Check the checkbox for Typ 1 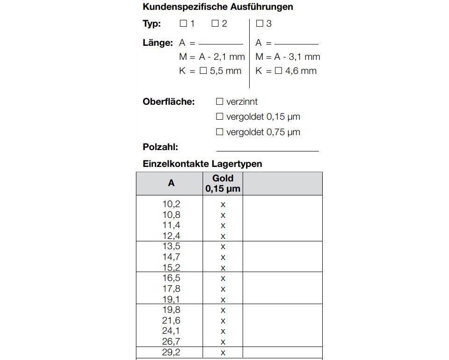tap(183, 23)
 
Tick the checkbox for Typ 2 tap(215, 23)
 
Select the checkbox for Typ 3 tap(260, 23)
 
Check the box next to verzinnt tap(220, 101)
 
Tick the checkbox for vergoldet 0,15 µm tap(220, 116)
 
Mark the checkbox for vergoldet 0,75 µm tap(220, 132)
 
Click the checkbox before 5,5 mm tap(203, 71)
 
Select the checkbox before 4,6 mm tap(278, 71)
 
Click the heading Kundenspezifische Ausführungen tap(217, 7)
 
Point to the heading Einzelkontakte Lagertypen tap(202, 164)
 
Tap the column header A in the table tap(171, 183)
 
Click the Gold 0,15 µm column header tap(223, 183)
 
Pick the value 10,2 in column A tap(171, 204)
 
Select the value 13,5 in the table tap(171, 246)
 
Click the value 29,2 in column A tap(171, 353)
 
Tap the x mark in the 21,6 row tap(223, 321)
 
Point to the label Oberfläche tap(168, 101)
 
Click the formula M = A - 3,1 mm tap(288, 57)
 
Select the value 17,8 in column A tap(171, 289)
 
